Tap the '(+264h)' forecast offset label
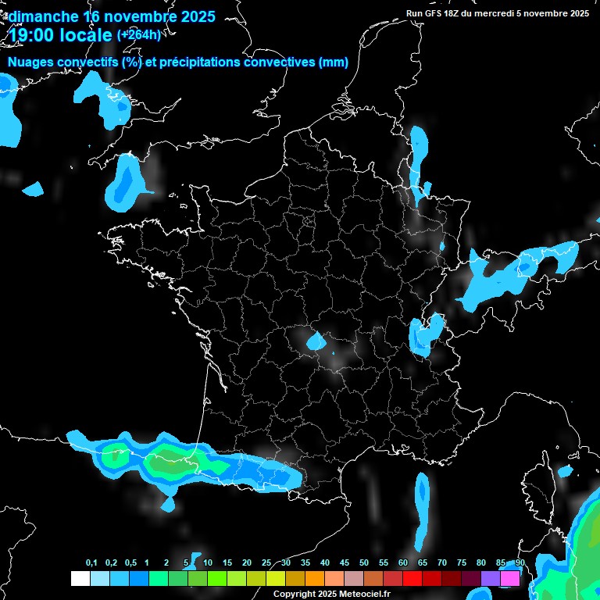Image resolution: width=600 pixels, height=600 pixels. [x=139, y=34]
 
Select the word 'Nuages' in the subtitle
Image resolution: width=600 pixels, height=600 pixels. [x=30, y=62]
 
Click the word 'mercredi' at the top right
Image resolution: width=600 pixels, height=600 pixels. [x=497, y=12]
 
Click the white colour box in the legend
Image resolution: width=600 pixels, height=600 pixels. [x=80, y=578]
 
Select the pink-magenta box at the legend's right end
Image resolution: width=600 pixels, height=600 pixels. [x=509, y=578]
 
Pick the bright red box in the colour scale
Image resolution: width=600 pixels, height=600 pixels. [x=412, y=578]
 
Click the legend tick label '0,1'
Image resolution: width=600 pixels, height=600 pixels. [x=91, y=563]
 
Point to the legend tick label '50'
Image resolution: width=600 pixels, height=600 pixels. [x=364, y=563]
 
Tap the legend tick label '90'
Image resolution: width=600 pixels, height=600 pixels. [x=520, y=563]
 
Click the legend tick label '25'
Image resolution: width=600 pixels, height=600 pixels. [x=266, y=563]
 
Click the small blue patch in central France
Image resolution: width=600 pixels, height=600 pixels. [x=316, y=341]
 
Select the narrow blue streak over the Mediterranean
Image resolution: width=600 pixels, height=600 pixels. [x=422, y=508]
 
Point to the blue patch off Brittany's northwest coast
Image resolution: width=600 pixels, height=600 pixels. [x=123, y=181]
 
